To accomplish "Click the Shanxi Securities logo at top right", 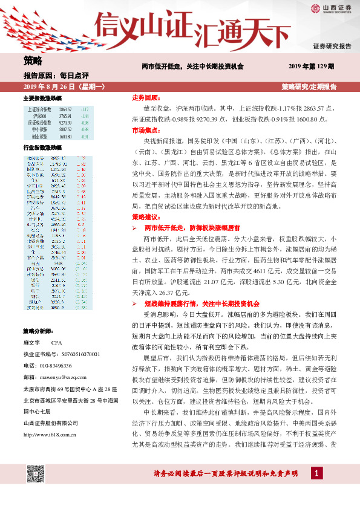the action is [332, 8].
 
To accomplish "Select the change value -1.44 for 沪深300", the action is [85, 115].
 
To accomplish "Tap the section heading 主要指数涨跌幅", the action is [42, 98].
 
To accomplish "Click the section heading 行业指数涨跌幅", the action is [42, 148].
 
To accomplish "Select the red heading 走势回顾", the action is [146, 97].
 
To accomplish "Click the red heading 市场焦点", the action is [146, 129].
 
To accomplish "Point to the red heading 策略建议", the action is [146, 216].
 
